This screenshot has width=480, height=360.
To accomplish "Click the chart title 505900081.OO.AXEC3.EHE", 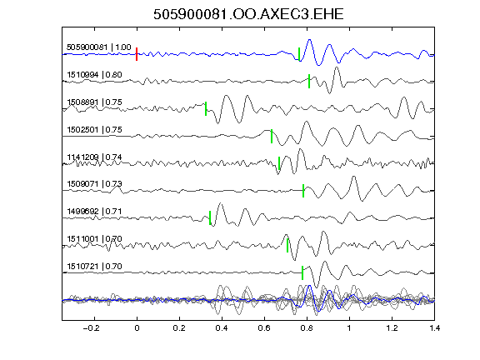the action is click(248, 14).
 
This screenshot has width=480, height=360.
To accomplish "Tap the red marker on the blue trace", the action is click(137, 54).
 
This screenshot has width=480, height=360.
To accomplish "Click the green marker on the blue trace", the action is click(299, 54).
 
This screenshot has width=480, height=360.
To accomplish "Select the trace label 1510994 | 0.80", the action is click(94, 75).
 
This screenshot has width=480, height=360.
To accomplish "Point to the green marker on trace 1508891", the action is click(206, 108).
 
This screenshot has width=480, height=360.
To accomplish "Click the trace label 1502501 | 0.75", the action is click(94, 129).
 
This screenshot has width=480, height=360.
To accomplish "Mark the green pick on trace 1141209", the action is click(279, 163).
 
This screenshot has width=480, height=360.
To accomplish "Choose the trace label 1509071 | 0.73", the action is click(94, 184).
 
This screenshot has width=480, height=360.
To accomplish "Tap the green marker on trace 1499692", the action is click(210, 217).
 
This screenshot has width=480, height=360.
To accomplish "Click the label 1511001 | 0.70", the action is click(94, 239).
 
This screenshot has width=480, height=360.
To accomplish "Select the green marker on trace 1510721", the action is click(302, 272).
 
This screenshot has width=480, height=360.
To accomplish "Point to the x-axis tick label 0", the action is click(137, 328).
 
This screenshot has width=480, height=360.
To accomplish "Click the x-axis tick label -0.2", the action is click(92, 328).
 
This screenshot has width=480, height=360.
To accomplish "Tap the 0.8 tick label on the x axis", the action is click(307, 328).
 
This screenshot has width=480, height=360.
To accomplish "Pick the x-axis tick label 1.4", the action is click(434, 328).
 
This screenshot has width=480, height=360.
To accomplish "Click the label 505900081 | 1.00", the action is click(99, 47).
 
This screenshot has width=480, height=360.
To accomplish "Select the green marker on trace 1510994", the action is click(309, 81).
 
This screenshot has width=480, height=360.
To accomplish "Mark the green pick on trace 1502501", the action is click(272, 136).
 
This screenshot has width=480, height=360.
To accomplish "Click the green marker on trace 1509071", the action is click(303, 191).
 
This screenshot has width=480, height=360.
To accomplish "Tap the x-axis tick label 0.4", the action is click(222, 328).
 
